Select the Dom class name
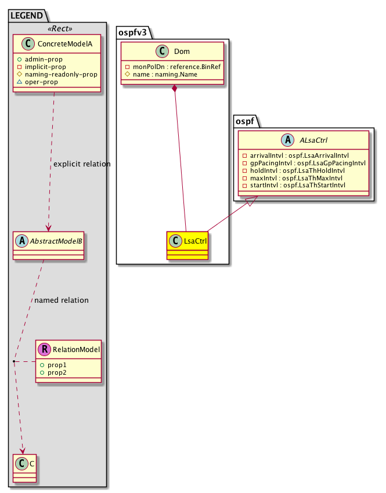[x=181, y=52]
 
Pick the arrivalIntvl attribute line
[x=302, y=155]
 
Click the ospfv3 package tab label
[x=132, y=31]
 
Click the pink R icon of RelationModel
[x=45, y=349]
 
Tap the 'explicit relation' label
[x=82, y=164]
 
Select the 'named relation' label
[x=62, y=300]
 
